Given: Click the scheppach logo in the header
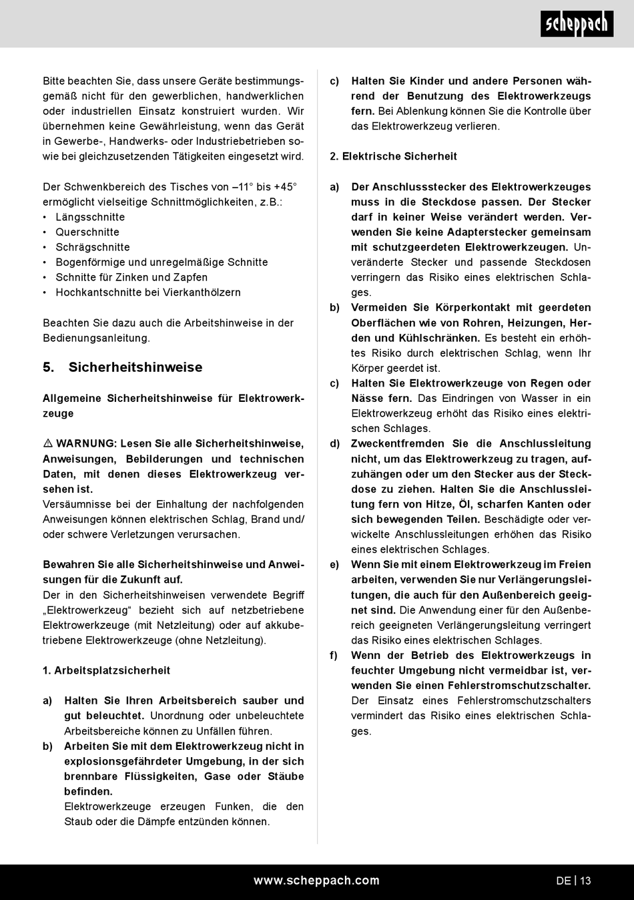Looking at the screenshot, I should click(576, 24).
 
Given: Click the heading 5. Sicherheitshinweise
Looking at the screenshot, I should click(122, 367).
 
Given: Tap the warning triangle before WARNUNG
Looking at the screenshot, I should click(48, 444).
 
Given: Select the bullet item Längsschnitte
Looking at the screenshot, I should click(90, 217).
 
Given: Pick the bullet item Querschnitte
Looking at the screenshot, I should click(87, 232).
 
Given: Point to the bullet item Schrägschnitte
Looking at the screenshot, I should click(93, 247).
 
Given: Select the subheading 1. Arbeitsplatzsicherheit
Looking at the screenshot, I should click(107, 670).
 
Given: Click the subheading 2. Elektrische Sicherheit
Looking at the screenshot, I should click(394, 156).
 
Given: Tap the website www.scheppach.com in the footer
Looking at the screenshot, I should click(316, 881).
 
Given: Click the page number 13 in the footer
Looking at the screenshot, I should click(585, 881).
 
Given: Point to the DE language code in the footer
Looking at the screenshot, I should click(563, 881).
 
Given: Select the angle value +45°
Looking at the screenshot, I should click(286, 187).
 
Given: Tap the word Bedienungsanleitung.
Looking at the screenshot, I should click(96, 338).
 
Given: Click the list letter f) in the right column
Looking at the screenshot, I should click(334, 656).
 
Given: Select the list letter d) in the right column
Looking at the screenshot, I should click(335, 443).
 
